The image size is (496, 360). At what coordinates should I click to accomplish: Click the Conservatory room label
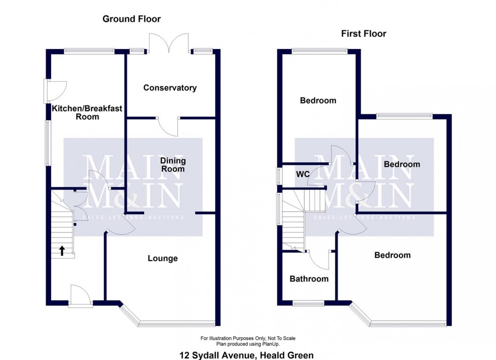[x=170, y=87]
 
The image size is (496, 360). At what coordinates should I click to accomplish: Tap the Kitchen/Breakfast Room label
[x=87, y=113]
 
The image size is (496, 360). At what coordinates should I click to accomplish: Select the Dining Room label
[x=173, y=165]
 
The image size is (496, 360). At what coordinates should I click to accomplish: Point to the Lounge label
[x=162, y=258]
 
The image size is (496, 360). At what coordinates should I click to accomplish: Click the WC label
[x=303, y=174]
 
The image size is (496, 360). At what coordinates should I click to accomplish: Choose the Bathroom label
[x=309, y=279]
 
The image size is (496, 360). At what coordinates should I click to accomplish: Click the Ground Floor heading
[x=132, y=19]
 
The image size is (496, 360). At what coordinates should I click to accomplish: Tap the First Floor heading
[x=363, y=33]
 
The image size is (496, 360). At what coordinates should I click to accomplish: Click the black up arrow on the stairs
[x=62, y=251]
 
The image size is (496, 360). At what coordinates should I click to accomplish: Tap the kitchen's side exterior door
[x=55, y=91]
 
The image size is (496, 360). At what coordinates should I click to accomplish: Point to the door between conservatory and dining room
[x=168, y=127]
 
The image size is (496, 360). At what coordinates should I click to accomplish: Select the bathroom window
[x=308, y=304]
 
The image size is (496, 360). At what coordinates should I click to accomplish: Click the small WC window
[x=279, y=176]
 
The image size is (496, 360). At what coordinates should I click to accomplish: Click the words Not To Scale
[x=281, y=338]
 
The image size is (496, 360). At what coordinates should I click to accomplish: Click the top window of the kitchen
[x=89, y=51]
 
